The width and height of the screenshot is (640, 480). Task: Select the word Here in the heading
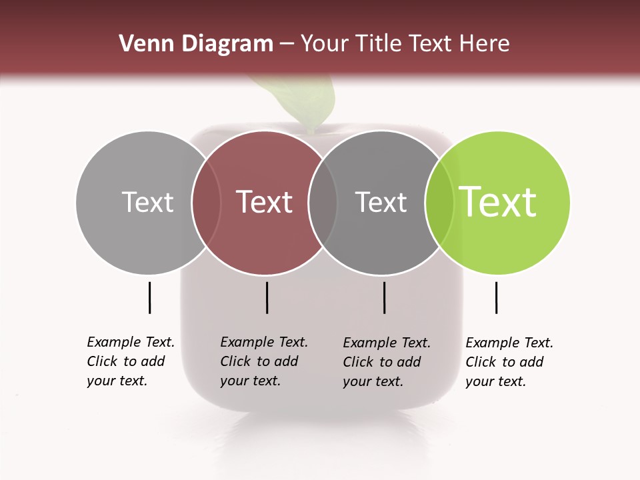pyautogui.click(x=485, y=44)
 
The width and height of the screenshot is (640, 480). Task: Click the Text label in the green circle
pyautogui.click(x=498, y=202)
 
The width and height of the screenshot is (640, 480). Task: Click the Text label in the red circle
pyautogui.click(x=265, y=202)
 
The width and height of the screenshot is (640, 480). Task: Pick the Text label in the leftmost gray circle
pyautogui.click(x=147, y=202)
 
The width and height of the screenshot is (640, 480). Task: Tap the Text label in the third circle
pyautogui.click(x=381, y=202)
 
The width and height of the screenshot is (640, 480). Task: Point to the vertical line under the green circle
pyautogui.click(x=497, y=297)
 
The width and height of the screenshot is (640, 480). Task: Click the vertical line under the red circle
pyautogui.click(x=267, y=297)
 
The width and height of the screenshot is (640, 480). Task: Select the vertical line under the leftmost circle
pyautogui.click(x=150, y=297)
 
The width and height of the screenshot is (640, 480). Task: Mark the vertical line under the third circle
pyautogui.click(x=385, y=297)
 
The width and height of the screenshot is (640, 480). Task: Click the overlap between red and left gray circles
pyautogui.click(x=206, y=202)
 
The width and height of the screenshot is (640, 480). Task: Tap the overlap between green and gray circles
pyautogui.click(x=439, y=202)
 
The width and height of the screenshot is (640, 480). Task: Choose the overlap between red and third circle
pyautogui.click(x=323, y=202)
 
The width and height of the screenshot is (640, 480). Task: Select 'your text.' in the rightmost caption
pyautogui.click(x=495, y=381)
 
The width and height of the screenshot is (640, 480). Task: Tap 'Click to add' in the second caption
pyautogui.click(x=259, y=361)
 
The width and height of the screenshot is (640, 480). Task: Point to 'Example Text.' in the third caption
pyautogui.click(x=387, y=343)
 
